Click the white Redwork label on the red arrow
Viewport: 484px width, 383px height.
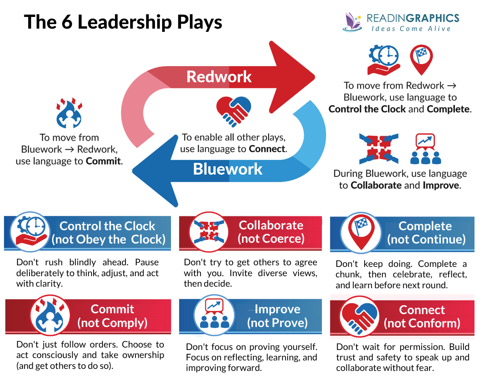click(x=219, y=76)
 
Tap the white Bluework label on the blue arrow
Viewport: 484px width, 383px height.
click(x=227, y=169)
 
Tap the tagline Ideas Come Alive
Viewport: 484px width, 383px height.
click(x=411, y=29)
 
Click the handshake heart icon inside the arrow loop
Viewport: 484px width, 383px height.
click(x=234, y=109)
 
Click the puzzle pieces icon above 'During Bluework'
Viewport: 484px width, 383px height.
click(x=379, y=149)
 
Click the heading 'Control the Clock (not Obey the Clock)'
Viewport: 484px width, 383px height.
click(x=108, y=233)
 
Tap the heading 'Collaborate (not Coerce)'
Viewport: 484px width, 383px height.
click(x=271, y=232)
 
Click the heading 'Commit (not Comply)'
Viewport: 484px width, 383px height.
click(x=112, y=316)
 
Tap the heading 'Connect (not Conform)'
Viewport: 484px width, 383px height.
click(x=422, y=316)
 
